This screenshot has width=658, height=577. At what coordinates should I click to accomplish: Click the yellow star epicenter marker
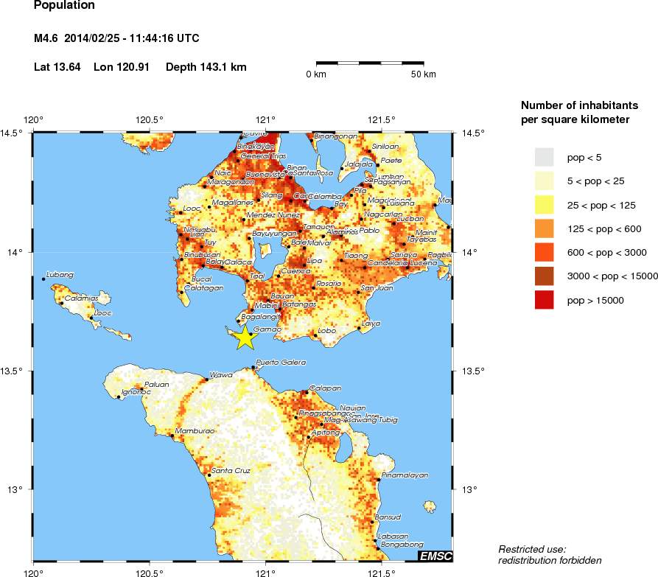click(x=245, y=338)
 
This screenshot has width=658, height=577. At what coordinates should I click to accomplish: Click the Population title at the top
click(x=65, y=6)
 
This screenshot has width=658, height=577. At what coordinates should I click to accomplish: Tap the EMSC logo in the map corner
click(x=435, y=556)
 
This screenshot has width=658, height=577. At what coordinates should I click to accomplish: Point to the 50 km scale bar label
click(x=423, y=74)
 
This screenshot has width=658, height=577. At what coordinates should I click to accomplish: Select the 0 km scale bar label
click(x=317, y=74)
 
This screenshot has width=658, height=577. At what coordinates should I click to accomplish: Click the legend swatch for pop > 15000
click(x=544, y=300)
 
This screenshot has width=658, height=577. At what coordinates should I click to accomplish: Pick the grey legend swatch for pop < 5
click(x=544, y=158)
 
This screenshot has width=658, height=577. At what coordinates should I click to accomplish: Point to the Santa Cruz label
click(x=231, y=470)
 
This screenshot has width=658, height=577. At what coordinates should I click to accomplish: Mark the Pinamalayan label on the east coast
click(x=404, y=475)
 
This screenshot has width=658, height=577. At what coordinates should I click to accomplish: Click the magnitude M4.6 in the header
click(x=46, y=38)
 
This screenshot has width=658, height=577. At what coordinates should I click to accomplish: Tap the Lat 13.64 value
click(x=58, y=67)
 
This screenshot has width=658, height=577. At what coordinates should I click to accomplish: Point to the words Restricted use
click(x=532, y=550)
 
